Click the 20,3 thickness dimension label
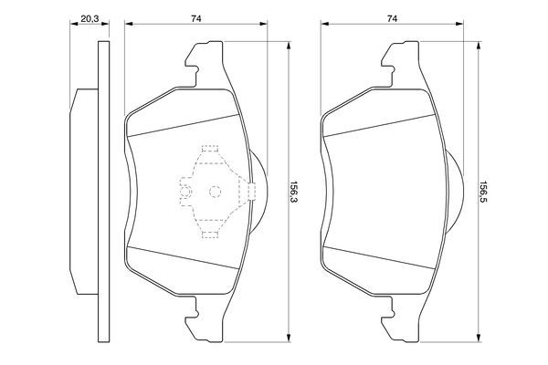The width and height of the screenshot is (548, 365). pyautogui.click(x=90, y=17)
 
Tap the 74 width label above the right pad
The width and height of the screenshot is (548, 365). pyautogui.click(x=392, y=17)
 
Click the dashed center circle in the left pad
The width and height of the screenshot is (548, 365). pyautogui.click(x=216, y=192)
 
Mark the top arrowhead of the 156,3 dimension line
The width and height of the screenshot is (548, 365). pyautogui.click(x=289, y=49)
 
